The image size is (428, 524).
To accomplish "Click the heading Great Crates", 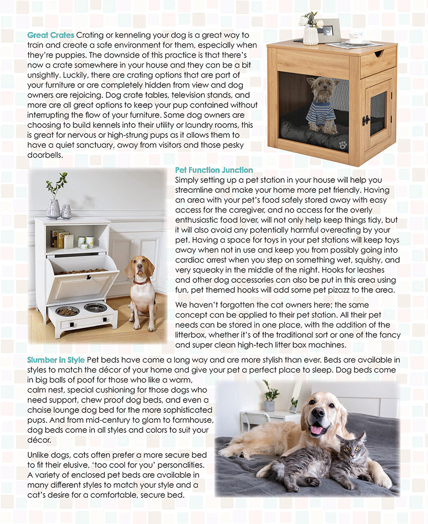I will [x=51, y=35].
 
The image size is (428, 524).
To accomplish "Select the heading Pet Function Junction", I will [x=213, y=170].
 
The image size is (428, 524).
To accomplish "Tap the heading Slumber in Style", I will [x=56, y=360].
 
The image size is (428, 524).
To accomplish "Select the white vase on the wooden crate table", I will [x=311, y=35].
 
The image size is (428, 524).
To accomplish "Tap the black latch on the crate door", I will [x=366, y=120].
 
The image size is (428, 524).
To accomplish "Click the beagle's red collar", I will [x=140, y=281].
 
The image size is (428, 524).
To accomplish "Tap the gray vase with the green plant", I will [x=53, y=208].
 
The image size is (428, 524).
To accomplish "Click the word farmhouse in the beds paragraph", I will [x=191, y=420].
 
